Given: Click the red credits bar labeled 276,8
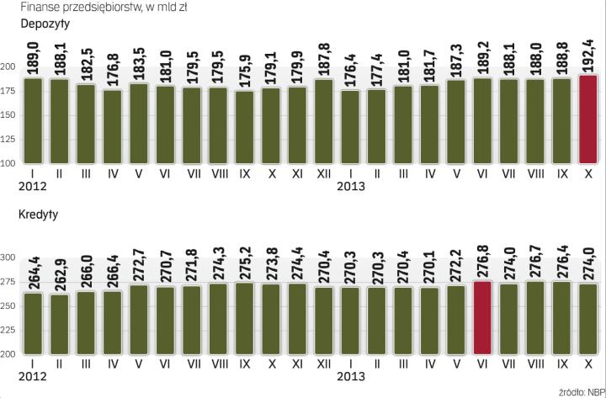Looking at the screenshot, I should pos(482,318).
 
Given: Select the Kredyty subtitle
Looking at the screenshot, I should pos(38,215).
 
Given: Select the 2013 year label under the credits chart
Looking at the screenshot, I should pos(349,378).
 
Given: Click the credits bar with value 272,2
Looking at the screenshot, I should pos(455,321).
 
